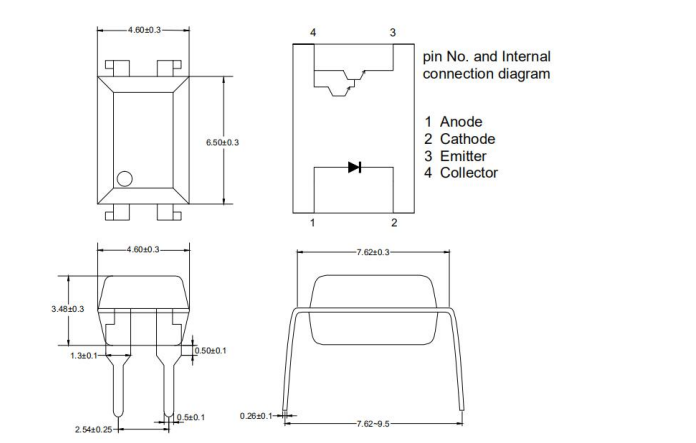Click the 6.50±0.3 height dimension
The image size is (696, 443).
222,143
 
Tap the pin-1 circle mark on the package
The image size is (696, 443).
125,179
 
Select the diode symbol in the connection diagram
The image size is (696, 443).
354,167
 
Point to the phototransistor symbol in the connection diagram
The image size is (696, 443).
343,81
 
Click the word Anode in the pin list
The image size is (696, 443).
460,122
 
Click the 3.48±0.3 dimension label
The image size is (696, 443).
68,309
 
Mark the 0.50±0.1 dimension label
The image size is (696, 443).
210,350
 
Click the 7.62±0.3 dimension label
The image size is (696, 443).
372,253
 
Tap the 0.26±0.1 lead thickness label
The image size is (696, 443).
257,416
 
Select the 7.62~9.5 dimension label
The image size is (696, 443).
372,424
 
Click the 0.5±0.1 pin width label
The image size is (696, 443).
190,417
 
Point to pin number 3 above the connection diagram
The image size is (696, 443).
393,33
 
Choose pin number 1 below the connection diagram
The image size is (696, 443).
312,223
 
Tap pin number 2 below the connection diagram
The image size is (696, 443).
394,223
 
